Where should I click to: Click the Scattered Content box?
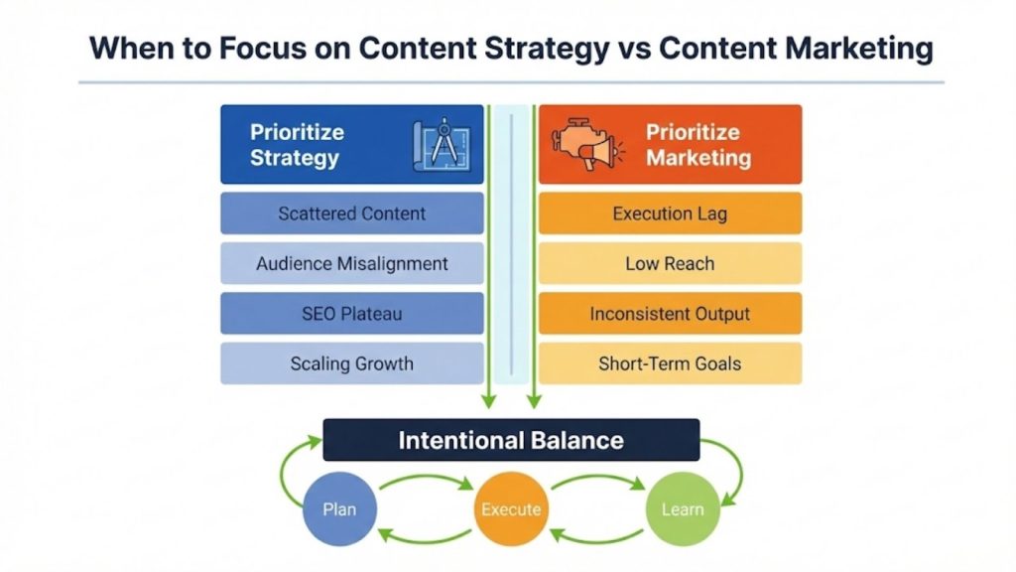[351, 214]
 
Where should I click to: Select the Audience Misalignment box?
[351, 264]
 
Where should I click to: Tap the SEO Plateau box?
[351, 314]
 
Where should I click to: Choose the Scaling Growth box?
[351, 363]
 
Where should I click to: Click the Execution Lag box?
[670, 214]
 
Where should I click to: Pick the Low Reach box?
[670, 264]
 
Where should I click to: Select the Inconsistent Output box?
[670, 314]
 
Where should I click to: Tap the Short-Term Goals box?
[670, 363]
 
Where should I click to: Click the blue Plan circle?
[339, 509]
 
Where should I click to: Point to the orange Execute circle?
[511, 509]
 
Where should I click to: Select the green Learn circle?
[682, 509]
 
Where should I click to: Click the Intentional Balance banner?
[511, 440]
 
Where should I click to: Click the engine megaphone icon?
[585, 146]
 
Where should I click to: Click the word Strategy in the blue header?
[295, 158]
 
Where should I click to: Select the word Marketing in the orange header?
[698, 158]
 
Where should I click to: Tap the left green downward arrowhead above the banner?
[488, 400]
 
